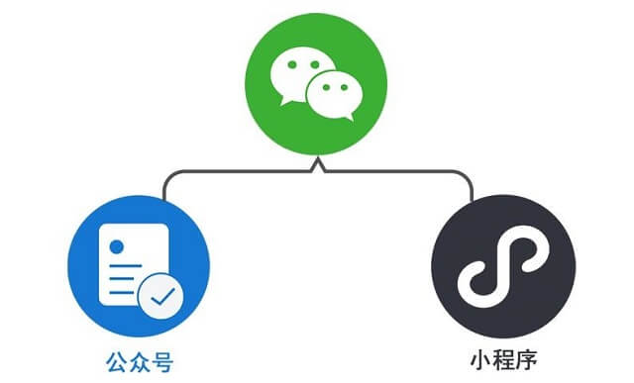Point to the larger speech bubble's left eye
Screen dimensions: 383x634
click(x=290, y=66)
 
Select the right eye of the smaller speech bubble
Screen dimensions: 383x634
click(x=342, y=89)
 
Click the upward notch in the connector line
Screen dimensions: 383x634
click(x=317, y=162)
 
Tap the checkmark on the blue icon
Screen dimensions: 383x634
click(x=159, y=294)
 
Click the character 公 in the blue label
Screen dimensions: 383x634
click(x=114, y=356)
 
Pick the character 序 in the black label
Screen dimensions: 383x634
click(x=526, y=353)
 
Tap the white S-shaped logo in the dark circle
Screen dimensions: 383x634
click(x=502, y=267)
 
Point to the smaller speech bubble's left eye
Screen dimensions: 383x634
click(x=321, y=89)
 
